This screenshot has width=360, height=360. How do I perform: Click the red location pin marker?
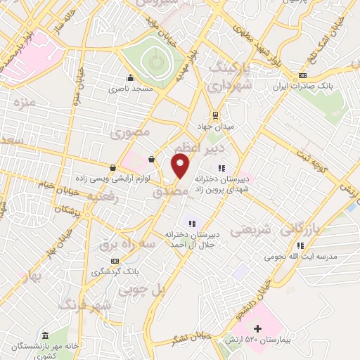[181, 167]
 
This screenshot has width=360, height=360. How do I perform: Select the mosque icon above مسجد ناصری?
[129, 78]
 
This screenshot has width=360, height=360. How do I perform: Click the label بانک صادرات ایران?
[302, 86]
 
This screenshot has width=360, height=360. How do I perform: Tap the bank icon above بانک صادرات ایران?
[302, 75]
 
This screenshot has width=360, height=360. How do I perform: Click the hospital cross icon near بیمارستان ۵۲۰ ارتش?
[257, 328]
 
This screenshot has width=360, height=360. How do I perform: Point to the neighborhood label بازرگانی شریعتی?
[281, 229]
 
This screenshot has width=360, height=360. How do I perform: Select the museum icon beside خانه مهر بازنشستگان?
[45, 335]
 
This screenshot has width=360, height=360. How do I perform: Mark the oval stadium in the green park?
[154, 62]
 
